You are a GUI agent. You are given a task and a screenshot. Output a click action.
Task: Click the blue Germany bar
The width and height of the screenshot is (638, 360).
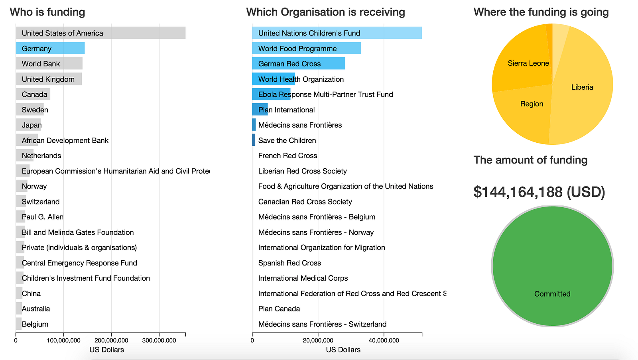[50, 49]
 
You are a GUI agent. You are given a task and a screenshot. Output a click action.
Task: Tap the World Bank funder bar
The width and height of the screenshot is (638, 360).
[49, 64]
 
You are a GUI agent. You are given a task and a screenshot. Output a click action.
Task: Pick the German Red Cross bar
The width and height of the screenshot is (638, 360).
[299, 64]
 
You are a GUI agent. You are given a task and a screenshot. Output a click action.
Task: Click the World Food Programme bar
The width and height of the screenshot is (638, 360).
[307, 49]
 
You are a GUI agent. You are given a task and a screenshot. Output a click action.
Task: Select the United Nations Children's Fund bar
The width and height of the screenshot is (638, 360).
[337, 33]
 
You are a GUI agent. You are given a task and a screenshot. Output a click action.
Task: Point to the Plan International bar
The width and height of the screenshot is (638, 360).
[260, 110]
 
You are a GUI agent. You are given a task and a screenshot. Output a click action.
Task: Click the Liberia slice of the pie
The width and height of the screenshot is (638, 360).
[582, 87]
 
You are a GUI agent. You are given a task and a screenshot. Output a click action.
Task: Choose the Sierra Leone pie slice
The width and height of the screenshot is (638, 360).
[528, 63]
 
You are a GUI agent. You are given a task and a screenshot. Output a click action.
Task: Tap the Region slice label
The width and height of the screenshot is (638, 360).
[532, 104]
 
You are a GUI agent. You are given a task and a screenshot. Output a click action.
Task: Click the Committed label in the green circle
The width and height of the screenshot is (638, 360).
[552, 294]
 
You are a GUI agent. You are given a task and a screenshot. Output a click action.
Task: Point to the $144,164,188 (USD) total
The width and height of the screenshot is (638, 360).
[539, 192]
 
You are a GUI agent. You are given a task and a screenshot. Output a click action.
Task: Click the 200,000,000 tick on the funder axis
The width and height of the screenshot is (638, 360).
[111, 340]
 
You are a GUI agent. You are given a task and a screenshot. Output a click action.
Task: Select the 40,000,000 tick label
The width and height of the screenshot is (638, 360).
[384, 340]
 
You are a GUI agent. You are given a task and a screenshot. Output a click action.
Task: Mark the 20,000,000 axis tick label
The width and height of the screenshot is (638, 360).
[318, 340]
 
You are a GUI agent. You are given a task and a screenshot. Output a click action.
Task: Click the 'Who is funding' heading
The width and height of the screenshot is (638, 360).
[47, 12]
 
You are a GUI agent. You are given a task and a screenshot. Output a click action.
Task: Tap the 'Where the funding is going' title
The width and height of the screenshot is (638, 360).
[541, 12]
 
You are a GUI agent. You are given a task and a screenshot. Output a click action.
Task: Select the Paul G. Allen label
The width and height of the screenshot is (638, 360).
[43, 217]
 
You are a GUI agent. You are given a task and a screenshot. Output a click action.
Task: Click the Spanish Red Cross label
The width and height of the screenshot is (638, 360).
[289, 263]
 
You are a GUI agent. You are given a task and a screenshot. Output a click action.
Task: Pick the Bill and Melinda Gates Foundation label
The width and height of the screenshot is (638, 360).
[78, 232]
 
